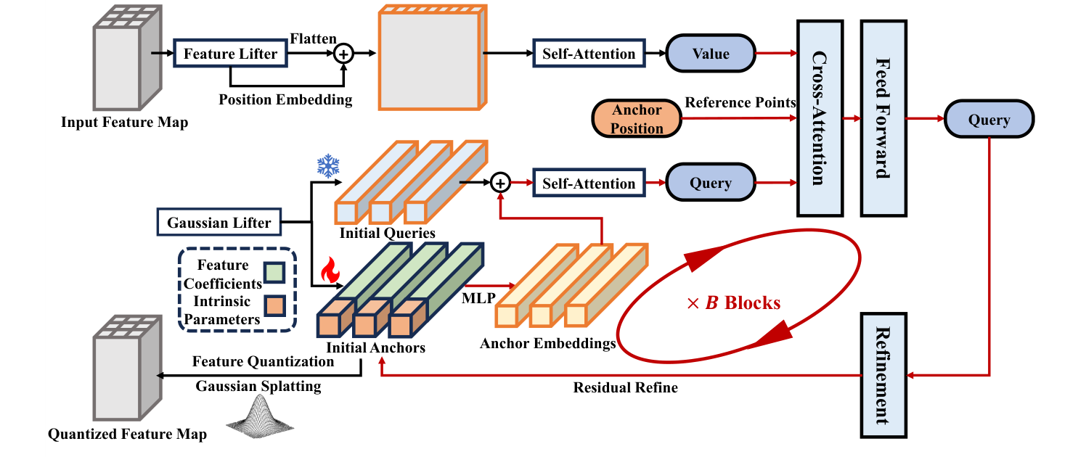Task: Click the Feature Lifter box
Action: [x=230, y=54]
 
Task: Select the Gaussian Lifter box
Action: [x=219, y=223]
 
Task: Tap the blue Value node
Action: [x=711, y=54]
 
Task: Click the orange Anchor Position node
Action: [x=637, y=119]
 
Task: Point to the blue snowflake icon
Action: [x=328, y=166]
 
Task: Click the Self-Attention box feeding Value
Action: [x=589, y=54]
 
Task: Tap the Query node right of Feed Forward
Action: [x=989, y=120]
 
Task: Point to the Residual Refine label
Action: [x=625, y=388]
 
